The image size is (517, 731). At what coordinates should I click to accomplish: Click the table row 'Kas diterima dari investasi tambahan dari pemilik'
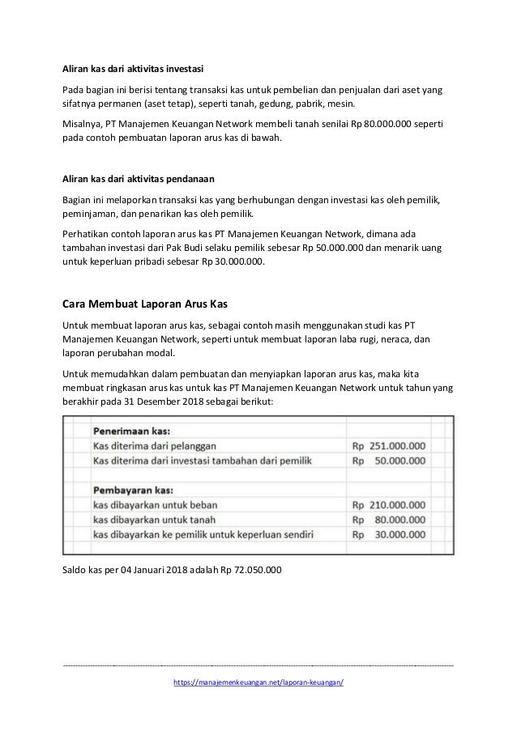[x=209, y=461]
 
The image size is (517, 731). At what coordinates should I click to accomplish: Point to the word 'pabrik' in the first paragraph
[x=310, y=104]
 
